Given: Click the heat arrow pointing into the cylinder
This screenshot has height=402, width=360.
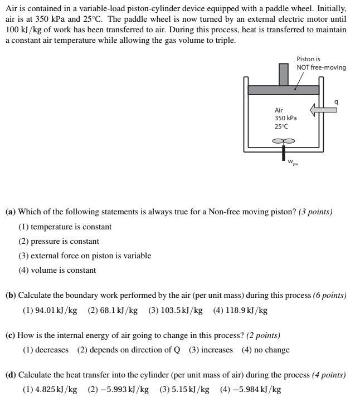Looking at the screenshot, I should pos(324,110).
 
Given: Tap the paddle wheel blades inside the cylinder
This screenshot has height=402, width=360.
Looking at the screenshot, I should pos(284,141).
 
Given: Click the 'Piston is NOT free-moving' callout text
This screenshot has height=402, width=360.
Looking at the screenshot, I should pos(320,63).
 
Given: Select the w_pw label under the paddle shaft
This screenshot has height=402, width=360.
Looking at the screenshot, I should pos(293,162).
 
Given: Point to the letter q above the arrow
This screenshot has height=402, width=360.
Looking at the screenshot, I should pos(336,101).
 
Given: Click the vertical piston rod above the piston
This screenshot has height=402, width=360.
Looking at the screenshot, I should pos(284,74).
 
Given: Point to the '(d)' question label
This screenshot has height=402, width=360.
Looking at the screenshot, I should pos(11,375).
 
